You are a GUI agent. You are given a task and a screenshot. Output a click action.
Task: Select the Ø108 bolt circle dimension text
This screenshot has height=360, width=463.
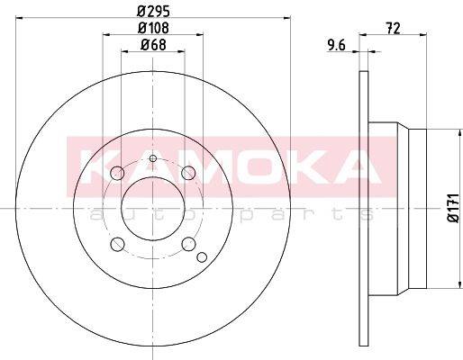pyautogui.click(x=153, y=29)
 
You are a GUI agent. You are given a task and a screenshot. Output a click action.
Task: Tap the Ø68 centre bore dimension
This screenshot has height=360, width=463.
pyautogui.click(x=153, y=47)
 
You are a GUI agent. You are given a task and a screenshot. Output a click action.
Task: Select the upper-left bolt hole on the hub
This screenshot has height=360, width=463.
pyautogui.click(x=117, y=174)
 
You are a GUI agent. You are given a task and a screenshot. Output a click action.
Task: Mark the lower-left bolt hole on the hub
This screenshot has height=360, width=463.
pyautogui.click(x=117, y=243)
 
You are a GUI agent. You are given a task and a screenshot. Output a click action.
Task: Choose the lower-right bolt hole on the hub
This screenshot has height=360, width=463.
pyautogui.click(x=188, y=243)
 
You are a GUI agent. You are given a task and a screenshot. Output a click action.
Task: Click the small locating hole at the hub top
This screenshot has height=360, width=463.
pyautogui.click(x=153, y=159)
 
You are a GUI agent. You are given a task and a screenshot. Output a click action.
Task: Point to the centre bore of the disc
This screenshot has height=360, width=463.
pyautogui.click(x=153, y=208)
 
